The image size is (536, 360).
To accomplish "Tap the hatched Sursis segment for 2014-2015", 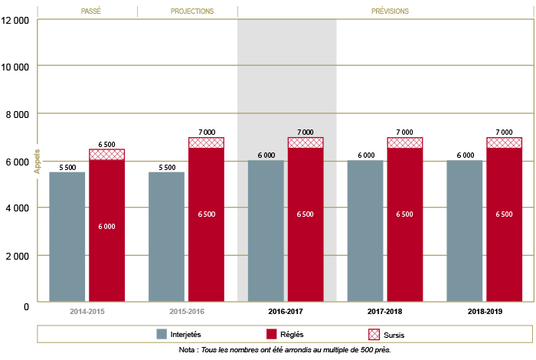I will tap(106, 154).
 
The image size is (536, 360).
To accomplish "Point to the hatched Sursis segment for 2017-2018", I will tap(405, 142).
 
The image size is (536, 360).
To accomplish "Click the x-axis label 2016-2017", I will tap(286, 313).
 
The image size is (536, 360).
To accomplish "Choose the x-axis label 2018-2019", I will tap(485, 313).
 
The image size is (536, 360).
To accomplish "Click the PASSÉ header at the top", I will tap(91, 11).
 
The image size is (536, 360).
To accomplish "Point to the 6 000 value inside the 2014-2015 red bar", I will tap(106, 226).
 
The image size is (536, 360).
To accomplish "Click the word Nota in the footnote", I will tap(186, 350).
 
